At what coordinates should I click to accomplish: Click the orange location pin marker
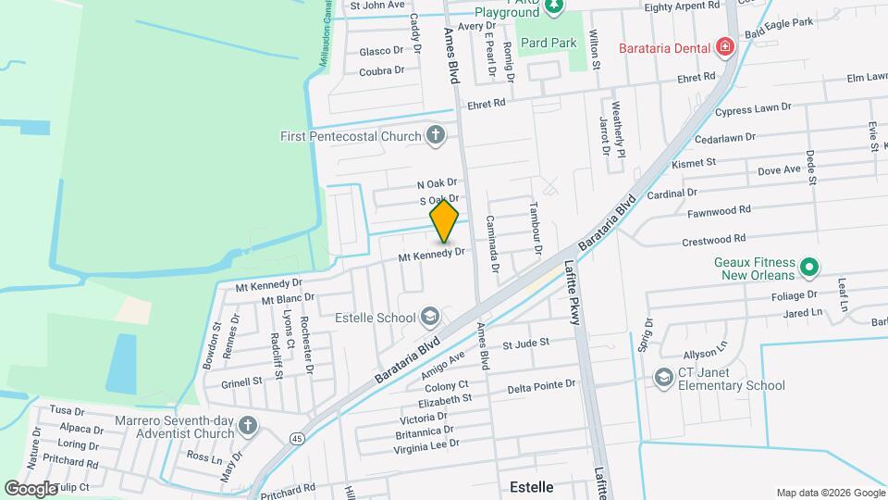(445, 220)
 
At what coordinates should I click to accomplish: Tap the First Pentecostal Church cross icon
(436, 137)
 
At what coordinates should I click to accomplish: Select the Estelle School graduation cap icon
(430, 318)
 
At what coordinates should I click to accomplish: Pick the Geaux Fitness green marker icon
(809, 268)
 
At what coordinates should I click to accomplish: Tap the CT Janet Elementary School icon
(663, 378)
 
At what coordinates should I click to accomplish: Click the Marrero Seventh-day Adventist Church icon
(246, 426)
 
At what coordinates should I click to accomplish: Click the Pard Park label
(549, 43)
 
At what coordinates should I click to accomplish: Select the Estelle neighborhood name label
(532, 486)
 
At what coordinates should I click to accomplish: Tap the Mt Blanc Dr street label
(288, 299)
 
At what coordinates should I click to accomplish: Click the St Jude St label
(525, 343)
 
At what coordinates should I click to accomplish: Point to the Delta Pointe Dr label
(541, 383)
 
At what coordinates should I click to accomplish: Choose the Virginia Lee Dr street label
(426, 445)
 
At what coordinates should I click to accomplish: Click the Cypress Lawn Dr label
(753, 109)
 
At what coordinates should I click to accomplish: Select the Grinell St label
(242, 381)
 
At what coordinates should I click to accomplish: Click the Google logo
(31, 488)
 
